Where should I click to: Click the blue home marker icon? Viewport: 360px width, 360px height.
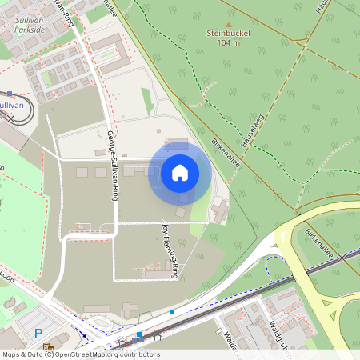(x=180, y=172)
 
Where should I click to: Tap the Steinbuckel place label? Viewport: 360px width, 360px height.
(x=229, y=34)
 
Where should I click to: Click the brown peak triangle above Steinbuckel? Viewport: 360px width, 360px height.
(x=229, y=24)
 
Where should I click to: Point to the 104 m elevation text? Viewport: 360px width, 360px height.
(x=229, y=43)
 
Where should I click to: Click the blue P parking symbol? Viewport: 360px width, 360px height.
(x=38, y=334)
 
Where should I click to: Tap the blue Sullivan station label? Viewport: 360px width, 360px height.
(x=10, y=105)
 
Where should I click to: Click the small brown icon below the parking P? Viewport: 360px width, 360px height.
(x=48, y=347)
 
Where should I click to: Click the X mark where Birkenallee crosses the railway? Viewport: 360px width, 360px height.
(x=343, y=258)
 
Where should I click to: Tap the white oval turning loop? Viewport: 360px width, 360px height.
(x=19, y=114)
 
